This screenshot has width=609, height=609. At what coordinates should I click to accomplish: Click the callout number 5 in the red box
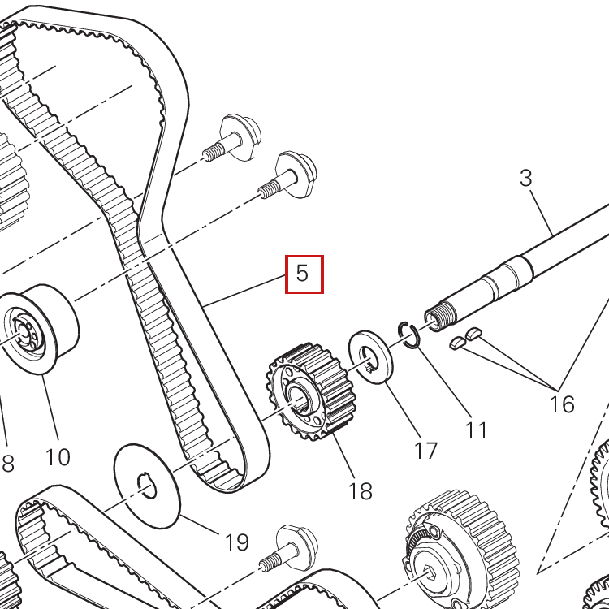[302, 273]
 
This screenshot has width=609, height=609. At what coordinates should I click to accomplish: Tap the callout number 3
[526, 179]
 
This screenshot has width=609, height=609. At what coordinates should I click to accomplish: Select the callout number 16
[562, 404]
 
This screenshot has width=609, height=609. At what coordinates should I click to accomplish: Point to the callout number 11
[476, 430]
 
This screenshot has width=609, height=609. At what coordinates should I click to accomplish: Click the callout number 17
[426, 451]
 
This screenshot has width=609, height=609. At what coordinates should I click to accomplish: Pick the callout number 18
[361, 491]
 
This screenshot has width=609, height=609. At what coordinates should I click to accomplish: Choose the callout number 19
[236, 542]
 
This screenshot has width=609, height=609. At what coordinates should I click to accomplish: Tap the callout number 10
[58, 456]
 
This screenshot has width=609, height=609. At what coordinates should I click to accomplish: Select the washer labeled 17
[370, 357]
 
